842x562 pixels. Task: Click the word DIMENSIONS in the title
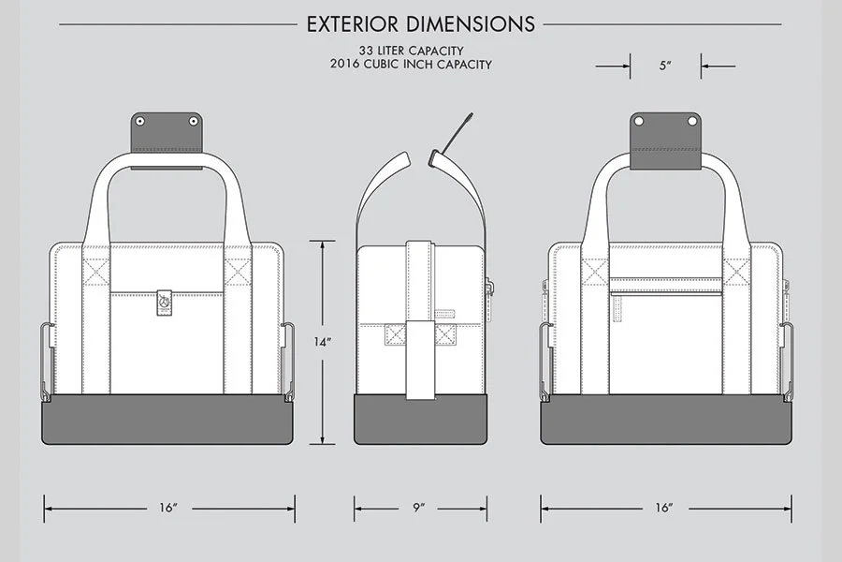476,23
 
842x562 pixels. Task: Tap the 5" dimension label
665,67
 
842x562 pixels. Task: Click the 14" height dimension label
322,343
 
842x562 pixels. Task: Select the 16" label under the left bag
168,508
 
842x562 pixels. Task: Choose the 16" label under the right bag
664,508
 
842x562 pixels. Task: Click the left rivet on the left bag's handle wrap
140,121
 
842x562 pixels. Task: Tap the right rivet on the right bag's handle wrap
693,121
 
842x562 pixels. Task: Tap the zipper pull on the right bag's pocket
617,309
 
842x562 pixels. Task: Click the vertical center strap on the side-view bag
418,318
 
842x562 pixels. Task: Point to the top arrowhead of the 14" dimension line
323,244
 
